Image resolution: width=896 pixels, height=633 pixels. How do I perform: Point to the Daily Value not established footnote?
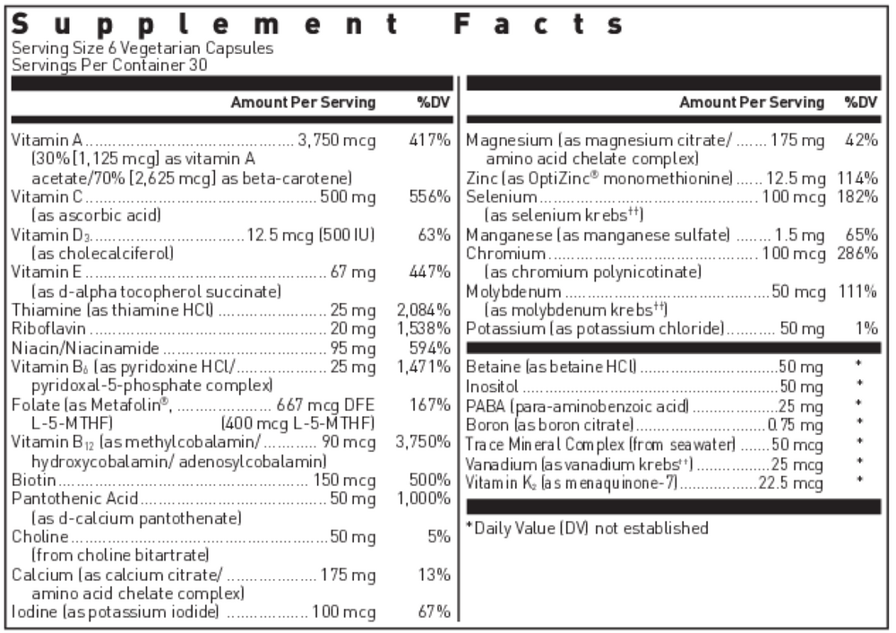[x=587, y=528]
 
